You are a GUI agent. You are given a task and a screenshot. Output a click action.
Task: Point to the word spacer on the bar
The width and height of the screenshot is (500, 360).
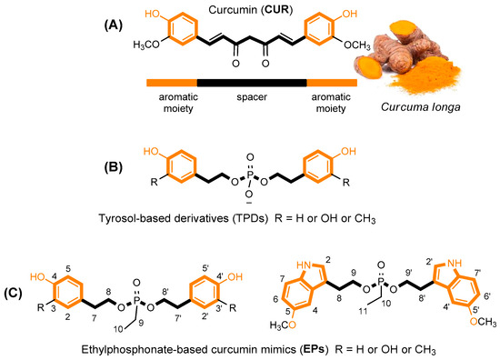tap(251, 96)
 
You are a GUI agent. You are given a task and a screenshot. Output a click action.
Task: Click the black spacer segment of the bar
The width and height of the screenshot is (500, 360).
tap(251, 82)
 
